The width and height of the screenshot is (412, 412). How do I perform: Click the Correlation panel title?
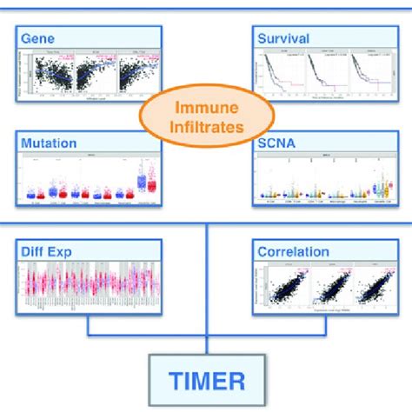(293, 252)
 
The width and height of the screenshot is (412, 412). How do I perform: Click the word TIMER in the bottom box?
(206, 380)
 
